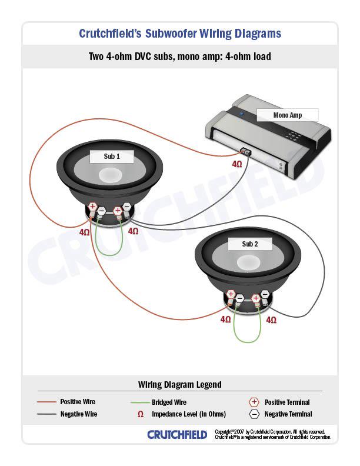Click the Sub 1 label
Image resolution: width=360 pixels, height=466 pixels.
click(112, 157)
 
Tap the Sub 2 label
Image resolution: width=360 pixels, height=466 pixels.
click(250, 244)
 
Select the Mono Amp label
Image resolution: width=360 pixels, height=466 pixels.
click(288, 115)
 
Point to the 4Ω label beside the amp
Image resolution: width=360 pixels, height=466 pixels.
click(236, 164)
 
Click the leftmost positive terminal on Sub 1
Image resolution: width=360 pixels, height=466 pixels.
click(93, 207)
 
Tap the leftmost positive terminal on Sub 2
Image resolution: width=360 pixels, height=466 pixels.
click(231, 294)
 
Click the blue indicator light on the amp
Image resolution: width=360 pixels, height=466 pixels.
click(240, 111)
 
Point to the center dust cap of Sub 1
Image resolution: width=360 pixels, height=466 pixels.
click(111, 175)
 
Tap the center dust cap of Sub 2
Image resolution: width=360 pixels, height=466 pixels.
click(249, 261)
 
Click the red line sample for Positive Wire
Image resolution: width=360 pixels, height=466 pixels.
click(47, 402)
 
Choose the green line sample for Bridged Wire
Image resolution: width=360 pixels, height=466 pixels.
click(139, 402)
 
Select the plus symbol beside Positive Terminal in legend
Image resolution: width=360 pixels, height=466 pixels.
click(254, 402)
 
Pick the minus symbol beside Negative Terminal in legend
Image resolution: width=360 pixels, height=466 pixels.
click(254, 414)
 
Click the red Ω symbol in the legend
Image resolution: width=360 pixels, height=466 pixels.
click(141, 414)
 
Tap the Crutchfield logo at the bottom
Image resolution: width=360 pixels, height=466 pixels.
click(177, 435)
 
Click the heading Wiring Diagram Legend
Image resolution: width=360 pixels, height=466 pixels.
click(180, 385)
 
